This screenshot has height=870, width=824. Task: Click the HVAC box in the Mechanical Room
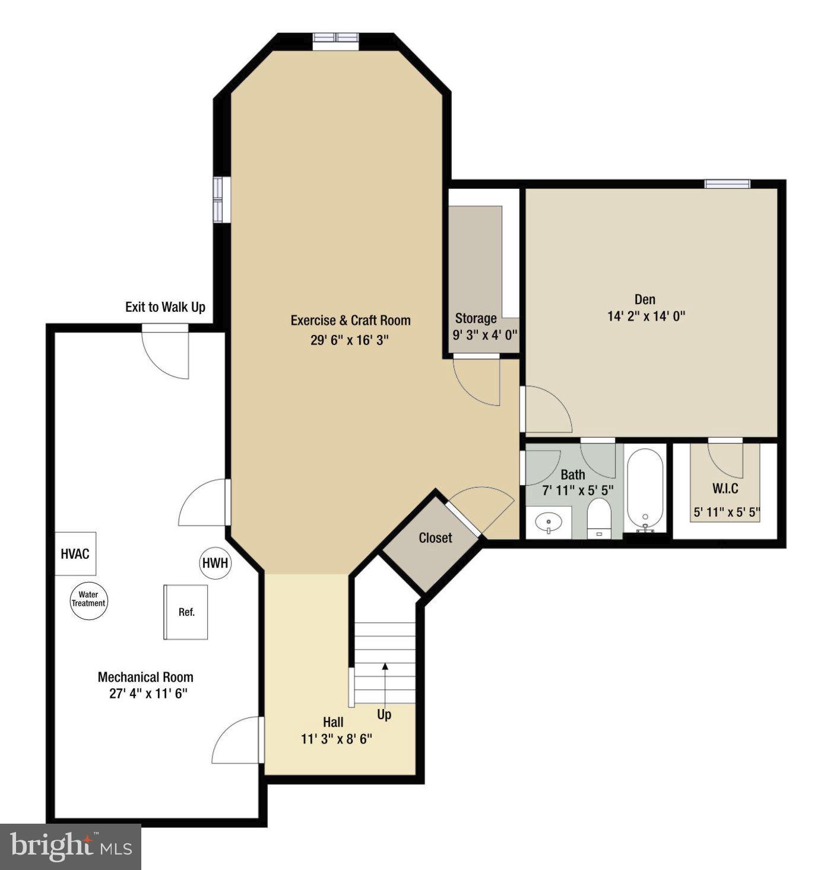[x=75, y=553]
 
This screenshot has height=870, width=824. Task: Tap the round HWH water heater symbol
[x=215, y=562]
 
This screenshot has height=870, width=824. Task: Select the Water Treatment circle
[x=88, y=599]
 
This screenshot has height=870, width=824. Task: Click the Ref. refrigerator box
[x=186, y=612]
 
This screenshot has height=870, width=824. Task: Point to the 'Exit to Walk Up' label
[x=165, y=307]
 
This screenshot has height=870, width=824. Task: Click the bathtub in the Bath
[x=645, y=489]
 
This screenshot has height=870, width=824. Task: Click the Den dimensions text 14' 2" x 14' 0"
[x=646, y=316]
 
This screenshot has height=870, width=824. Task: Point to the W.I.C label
[x=725, y=489]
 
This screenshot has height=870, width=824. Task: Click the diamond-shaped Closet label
[x=435, y=538]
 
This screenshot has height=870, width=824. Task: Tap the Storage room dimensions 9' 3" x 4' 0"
[x=485, y=334]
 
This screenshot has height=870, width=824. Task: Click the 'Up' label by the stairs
[x=384, y=714]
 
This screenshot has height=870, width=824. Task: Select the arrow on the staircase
[x=385, y=683]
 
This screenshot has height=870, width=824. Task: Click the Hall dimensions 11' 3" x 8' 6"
[x=336, y=739]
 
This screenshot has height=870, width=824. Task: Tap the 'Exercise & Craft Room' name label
[x=350, y=321]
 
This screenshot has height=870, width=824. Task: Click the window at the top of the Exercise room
[x=336, y=37]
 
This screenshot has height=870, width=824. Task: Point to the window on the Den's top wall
[x=727, y=184]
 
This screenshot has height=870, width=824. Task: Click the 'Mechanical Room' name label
[x=145, y=677]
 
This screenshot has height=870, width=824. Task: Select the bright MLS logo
[x=71, y=846]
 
